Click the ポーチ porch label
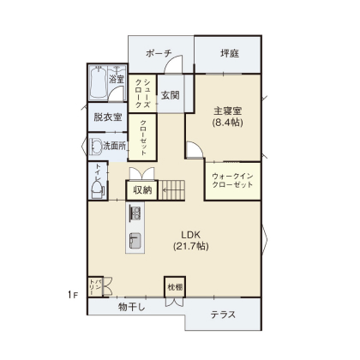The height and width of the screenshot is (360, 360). [x=159, y=53]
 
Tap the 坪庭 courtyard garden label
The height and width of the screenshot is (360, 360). [x=230, y=53]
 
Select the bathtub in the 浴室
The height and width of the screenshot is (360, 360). [x=98, y=82]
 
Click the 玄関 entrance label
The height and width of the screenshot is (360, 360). [x=171, y=95]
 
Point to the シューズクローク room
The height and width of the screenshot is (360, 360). [x=142, y=93]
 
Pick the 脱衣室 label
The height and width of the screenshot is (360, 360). [x=108, y=117]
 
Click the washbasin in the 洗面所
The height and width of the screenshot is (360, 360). [x=96, y=147]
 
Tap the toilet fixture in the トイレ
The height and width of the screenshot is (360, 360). [x=98, y=189]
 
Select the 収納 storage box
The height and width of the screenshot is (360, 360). [x=142, y=190]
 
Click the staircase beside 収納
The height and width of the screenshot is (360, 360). [x=171, y=190]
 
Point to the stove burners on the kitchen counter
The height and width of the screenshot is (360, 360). [x=135, y=213]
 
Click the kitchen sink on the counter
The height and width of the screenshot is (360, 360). [x=135, y=240]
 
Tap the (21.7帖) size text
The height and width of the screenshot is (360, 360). [x=190, y=246]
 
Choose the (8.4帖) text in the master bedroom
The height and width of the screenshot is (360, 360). [x=227, y=123]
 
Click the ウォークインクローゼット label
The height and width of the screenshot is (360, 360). [x=232, y=180]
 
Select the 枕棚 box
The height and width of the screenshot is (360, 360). [x=175, y=287]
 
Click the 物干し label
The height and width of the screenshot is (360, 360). [x=132, y=308]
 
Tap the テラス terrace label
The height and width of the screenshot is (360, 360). [x=223, y=315]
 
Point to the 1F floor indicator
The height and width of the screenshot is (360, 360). [x=73, y=295]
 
